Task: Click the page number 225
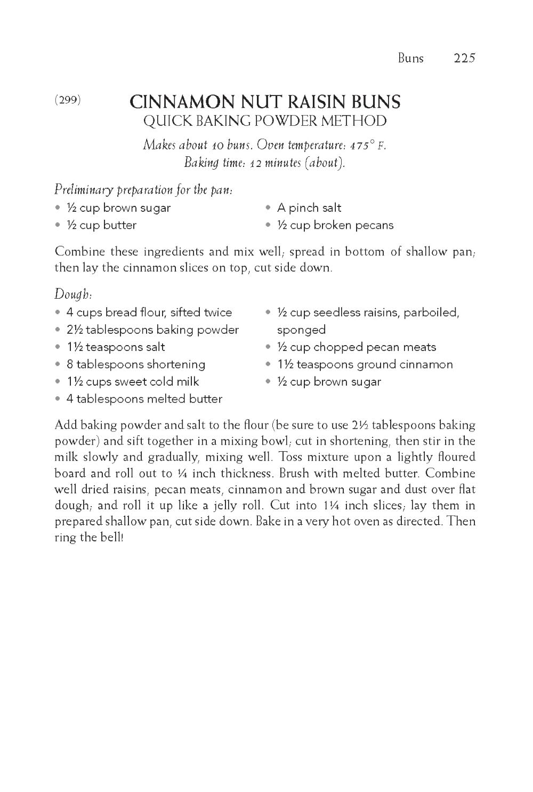(464, 58)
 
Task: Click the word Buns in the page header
(410, 58)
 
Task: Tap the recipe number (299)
(68, 100)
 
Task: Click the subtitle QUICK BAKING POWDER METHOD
(265, 121)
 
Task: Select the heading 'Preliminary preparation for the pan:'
(143, 190)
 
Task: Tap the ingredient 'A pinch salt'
(309, 208)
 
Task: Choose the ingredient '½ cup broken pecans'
(335, 225)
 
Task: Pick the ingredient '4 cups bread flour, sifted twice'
(149, 313)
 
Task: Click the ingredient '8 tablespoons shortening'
(135, 364)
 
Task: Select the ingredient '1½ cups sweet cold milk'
(132, 382)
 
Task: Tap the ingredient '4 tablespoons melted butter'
(144, 399)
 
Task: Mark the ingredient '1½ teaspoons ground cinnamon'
(365, 364)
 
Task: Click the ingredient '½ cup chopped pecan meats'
(356, 347)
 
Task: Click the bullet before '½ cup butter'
(58, 225)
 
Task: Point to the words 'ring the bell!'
(89, 537)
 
